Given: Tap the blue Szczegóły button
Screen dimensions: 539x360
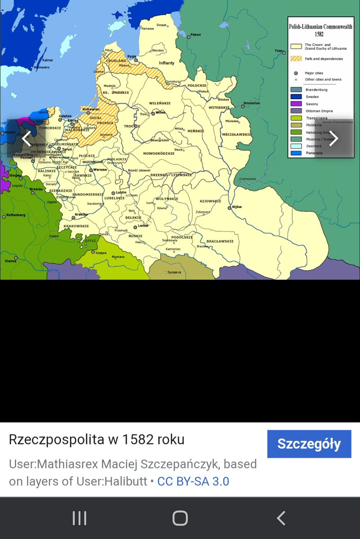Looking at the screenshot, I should pos(309,444).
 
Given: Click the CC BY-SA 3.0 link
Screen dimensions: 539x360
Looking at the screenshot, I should pos(193,482).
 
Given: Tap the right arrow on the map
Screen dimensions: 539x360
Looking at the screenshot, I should pos(333,138).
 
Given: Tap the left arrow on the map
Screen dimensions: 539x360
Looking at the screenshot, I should pos(27,138).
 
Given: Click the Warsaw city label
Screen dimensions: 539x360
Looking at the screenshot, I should pos(100,170).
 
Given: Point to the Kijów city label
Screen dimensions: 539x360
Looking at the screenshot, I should pos(237,207).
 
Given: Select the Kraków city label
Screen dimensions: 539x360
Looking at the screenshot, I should pos(81,214).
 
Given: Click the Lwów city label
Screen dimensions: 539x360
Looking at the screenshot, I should pos(143,225).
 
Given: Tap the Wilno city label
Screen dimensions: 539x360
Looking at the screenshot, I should pos(160,112).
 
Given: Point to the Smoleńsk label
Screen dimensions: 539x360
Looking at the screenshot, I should pos(252,103).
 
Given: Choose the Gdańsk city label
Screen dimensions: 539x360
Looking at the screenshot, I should pos(65,116).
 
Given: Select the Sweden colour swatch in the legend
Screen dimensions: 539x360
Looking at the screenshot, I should pos(296,97).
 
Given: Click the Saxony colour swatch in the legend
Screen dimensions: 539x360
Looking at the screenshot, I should pos(296,104).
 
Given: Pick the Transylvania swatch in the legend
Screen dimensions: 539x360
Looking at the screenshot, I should pos(296,118).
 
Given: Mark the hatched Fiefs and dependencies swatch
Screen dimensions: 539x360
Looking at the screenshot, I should pos(296,59).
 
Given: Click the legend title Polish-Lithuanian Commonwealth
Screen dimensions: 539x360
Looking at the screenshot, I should pos(320,27).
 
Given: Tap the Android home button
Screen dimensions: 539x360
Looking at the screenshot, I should pos(180,518).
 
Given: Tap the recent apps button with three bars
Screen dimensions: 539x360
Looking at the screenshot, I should pos(80,518).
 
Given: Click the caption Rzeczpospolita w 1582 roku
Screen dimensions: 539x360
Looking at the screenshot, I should pos(97,439).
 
